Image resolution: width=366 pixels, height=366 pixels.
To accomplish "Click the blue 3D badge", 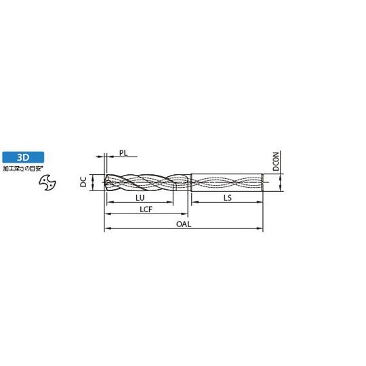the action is (x=23, y=157).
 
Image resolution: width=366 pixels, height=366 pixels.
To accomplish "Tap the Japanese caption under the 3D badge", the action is (x=23, y=169).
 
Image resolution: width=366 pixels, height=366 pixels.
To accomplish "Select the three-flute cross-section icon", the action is (x=47, y=182).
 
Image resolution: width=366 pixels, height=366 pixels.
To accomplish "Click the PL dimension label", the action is (x=123, y=153).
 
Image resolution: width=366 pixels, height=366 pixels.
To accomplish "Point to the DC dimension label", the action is (x=83, y=182).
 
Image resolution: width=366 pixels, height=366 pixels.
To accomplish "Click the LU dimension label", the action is (x=140, y=198).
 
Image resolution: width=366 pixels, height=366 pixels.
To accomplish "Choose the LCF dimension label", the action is (x=146, y=209).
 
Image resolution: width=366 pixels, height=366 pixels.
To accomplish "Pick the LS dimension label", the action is (x=228, y=198).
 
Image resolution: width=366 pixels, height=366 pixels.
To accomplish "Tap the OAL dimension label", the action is (x=184, y=224).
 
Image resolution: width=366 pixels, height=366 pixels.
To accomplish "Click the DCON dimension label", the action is (x=276, y=161).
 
